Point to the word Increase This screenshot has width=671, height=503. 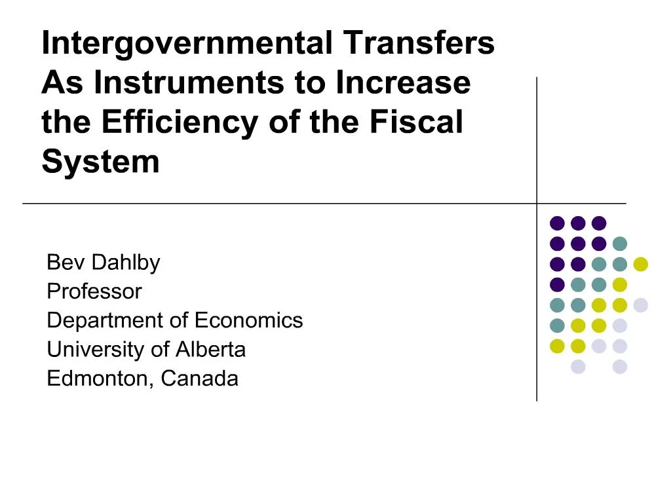[x=403, y=83]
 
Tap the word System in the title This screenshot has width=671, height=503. [x=100, y=161]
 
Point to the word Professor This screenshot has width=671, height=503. [x=94, y=291]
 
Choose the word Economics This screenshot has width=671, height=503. [x=249, y=320]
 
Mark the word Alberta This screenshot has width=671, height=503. [x=210, y=349]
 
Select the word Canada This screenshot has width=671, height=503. [x=200, y=379]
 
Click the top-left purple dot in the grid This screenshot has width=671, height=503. [x=557, y=223]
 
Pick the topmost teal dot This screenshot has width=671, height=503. [x=619, y=244]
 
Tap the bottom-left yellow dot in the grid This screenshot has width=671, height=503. [x=557, y=346]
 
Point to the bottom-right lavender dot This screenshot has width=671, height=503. [x=619, y=367]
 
